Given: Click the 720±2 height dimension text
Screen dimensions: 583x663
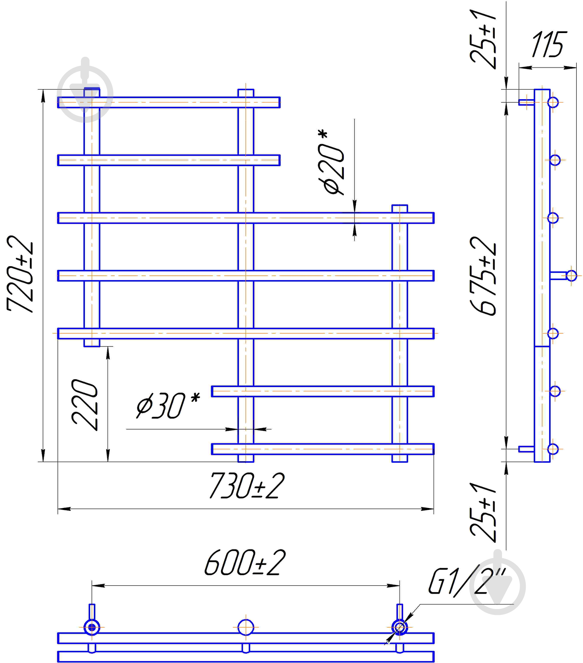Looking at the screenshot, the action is (20, 274).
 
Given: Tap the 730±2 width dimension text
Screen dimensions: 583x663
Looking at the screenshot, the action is (247, 486).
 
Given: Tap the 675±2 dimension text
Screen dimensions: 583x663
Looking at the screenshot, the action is (483, 276).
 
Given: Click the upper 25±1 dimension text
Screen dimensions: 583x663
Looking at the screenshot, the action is (483, 39).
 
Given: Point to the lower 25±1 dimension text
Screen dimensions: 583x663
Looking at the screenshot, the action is (483, 513).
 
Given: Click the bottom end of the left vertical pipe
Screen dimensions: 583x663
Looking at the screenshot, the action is (92, 346).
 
